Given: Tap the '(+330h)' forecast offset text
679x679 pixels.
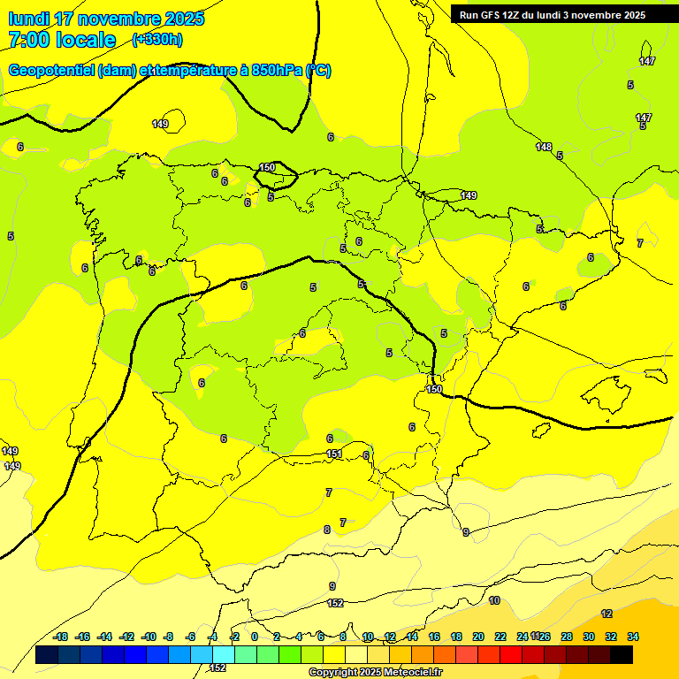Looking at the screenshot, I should pos(157,39).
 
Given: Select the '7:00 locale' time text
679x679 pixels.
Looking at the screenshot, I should pos(62,40).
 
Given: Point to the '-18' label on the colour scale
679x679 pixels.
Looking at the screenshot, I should pos(61,637).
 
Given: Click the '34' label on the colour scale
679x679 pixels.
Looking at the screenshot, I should pos(633,637).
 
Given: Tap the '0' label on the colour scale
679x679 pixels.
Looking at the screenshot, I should pos(255,637).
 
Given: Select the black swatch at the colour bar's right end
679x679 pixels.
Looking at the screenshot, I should pos(622,655).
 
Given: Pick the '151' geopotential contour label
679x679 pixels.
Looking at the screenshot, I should pos(334,454).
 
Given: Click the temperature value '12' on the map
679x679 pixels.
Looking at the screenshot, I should pos(607,614).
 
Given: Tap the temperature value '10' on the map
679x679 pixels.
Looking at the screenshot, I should pos(494,600).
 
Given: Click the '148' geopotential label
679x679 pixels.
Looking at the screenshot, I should pos(544,147).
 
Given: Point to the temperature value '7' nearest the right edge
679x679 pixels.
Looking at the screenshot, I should pos(640,243).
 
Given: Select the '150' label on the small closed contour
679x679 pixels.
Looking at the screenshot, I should pos(267,167).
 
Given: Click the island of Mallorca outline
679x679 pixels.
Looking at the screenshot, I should pos(611,389).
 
